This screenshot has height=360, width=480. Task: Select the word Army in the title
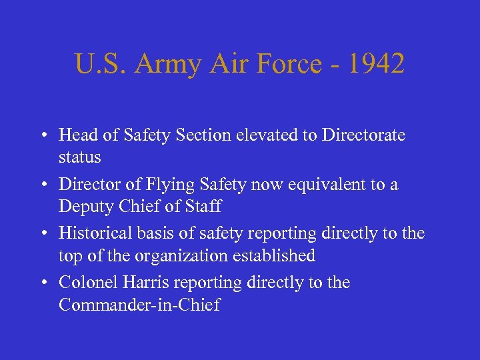tap(169, 65)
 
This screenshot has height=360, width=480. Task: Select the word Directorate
tap(363, 135)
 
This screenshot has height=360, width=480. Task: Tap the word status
tap(80, 158)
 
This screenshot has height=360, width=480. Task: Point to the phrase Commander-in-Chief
tap(139, 305)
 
